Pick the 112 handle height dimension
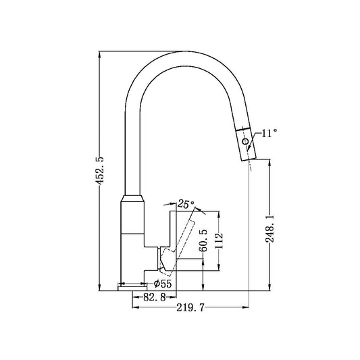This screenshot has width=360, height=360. (x=218, y=240)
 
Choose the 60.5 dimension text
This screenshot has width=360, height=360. (x=203, y=241)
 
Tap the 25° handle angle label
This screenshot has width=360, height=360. (x=186, y=203)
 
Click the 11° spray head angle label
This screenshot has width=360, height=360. (x=269, y=134)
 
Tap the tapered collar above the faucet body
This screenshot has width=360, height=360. (x=132, y=202)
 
